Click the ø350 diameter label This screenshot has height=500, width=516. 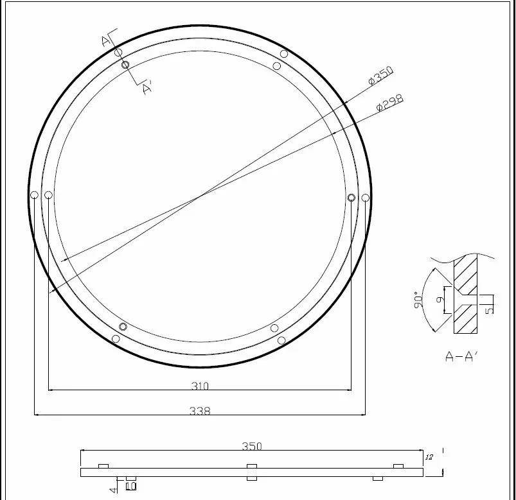click(380, 76)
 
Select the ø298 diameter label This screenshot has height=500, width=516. click(389, 103)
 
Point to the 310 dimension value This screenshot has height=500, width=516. click(200, 386)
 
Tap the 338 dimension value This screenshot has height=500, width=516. click(200, 411)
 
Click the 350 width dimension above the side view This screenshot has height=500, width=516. click(251, 446)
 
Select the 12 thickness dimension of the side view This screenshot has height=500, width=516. click(429, 457)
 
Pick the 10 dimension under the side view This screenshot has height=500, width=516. click(131, 487)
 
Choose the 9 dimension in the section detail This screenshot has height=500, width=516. click(440, 300)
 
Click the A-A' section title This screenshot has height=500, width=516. click(461, 357)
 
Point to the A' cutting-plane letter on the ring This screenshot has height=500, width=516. click(147, 89)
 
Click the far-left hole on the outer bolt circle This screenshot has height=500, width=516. click(35, 195)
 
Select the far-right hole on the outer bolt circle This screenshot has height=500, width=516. click(366, 197)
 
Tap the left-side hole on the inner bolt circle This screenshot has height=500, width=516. click(48, 195)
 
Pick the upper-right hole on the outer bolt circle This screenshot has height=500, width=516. click(283, 54)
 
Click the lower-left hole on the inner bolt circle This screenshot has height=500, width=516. click(123, 327)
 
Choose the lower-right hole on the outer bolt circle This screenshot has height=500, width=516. click(281, 340)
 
